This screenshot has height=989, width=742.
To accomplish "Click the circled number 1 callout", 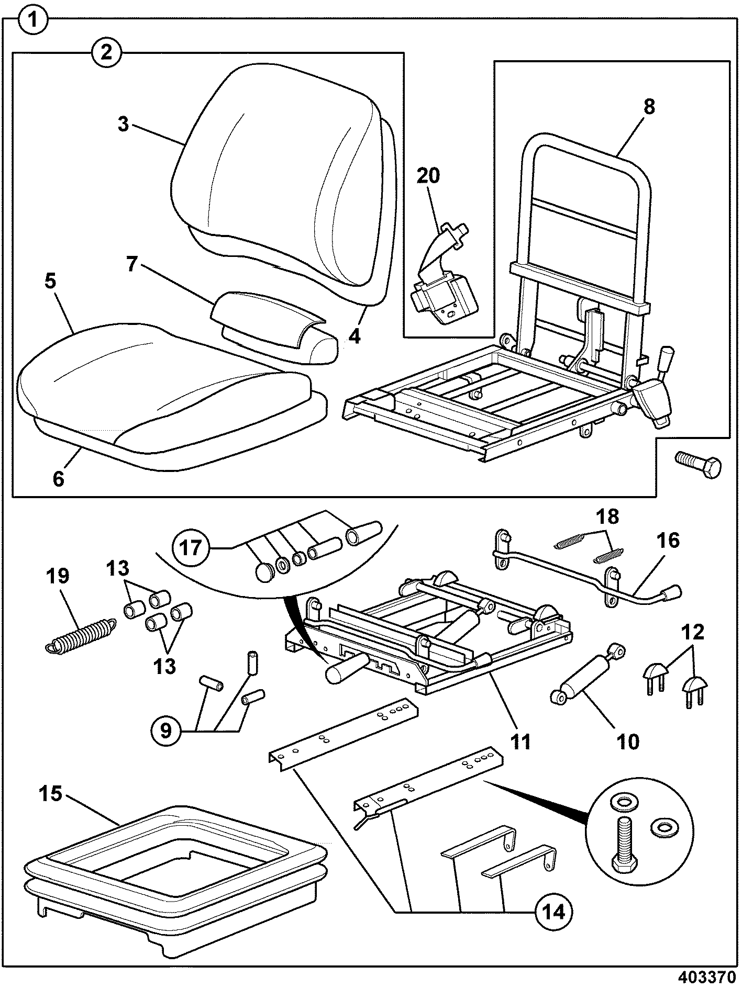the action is tap(33, 21).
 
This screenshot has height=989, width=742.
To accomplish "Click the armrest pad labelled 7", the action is tap(275, 327).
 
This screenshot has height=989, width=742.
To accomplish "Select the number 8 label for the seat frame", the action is tap(649, 107).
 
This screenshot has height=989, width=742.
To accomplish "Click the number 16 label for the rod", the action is tap(666, 540).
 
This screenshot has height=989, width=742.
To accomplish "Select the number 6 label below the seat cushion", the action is tap(58, 478).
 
